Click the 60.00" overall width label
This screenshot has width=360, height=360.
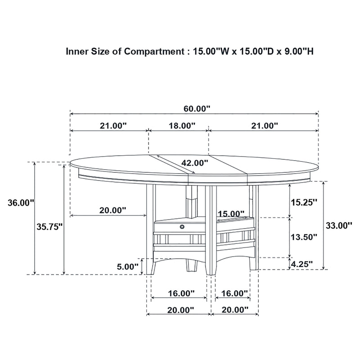[x=197, y=108]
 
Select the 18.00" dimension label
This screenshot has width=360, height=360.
[x=182, y=126]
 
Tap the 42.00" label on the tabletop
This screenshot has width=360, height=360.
[x=195, y=162]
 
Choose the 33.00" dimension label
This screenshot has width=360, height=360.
[x=339, y=225]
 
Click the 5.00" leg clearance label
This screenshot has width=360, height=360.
[x=127, y=266]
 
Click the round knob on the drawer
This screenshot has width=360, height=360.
[x=182, y=227]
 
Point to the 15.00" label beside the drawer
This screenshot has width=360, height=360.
[x=231, y=213]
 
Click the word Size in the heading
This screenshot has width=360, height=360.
[x=98, y=51]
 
